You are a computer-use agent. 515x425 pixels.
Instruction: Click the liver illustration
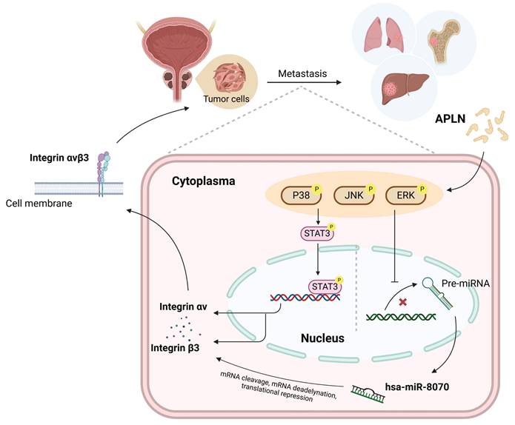(x=402, y=90)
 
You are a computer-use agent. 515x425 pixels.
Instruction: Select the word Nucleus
(x=322, y=338)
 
